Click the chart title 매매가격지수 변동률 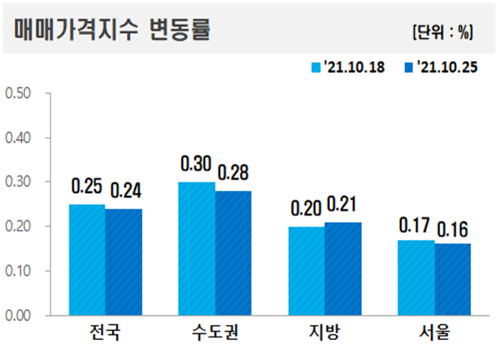click(112, 30)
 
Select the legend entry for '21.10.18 click(348, 67)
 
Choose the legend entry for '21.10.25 click(440, 67)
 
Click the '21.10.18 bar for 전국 click(87, 260)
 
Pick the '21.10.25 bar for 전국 click(124, 261)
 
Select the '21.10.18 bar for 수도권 click(196, 249)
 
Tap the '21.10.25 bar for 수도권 click(233, 253)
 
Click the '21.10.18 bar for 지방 click(306, 271)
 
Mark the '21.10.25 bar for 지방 click(342, 269)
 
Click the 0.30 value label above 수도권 click(196, 164)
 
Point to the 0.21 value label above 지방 click(343, 205)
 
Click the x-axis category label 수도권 click(215, 336)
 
